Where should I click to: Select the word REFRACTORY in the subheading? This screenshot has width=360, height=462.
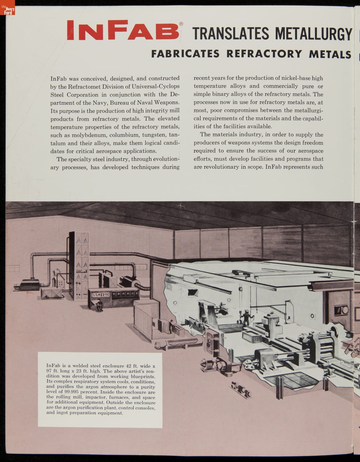click(264, 54)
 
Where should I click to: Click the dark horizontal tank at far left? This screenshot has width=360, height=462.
click(29, 284)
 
